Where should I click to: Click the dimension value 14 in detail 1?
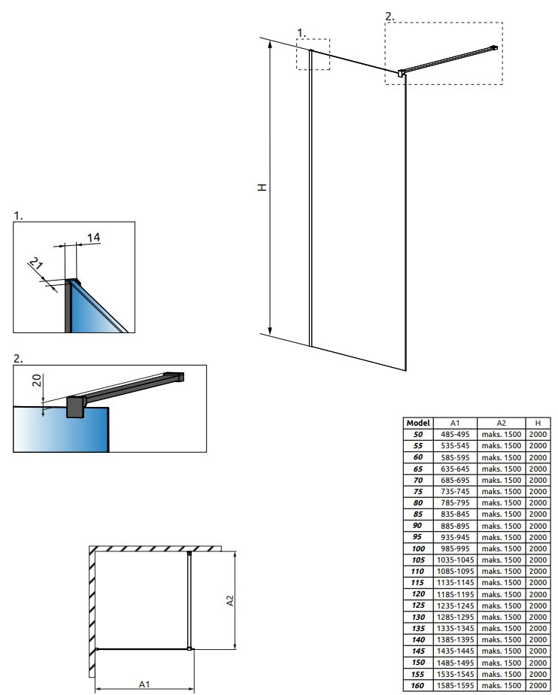tap(93, 238)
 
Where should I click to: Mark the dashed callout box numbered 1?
tap(313, 54)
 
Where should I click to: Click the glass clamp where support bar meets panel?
tap(402, 74)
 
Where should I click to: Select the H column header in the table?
tap(538, 423)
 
